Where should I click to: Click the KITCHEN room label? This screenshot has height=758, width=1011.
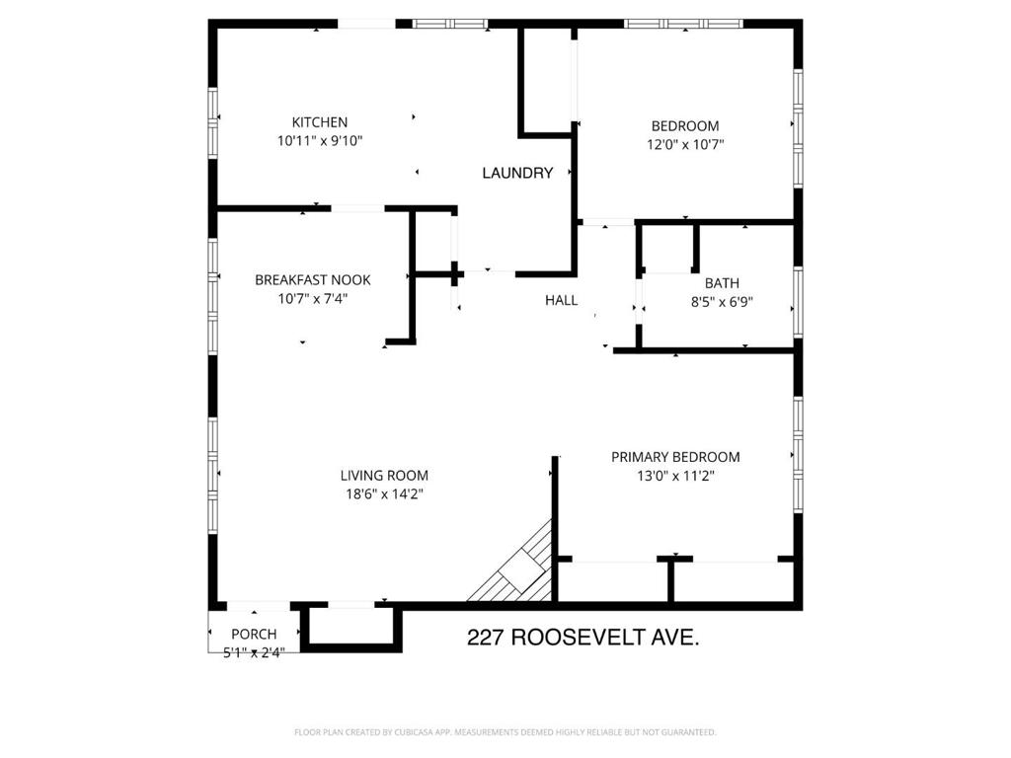click(319, 122)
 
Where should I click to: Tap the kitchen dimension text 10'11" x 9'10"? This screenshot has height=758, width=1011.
click(320, 141)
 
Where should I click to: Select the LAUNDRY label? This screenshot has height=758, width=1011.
click(517, 174)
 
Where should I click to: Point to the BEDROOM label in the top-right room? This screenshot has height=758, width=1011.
click(684, 126)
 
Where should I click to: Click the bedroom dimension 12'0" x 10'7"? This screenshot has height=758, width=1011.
click(684, 144)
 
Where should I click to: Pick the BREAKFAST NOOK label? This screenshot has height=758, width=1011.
click(327, 279)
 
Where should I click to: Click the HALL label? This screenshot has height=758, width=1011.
click(561, 300)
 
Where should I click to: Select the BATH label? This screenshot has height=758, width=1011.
click(722, 283)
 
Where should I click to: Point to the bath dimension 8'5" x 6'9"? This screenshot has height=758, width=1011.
click(723, 302)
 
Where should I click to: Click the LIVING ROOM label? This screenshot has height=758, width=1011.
click(384, 476)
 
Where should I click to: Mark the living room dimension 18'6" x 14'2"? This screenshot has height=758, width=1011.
click(384, 494)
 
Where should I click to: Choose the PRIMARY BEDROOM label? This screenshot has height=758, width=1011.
click(675, 457)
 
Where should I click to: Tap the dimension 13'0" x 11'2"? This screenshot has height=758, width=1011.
click(675, 476)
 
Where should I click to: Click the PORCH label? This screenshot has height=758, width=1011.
click(254, 634)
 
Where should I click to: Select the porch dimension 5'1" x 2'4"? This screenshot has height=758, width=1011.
click(254, 651)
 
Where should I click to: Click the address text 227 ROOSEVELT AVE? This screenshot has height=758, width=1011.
click(583, 639)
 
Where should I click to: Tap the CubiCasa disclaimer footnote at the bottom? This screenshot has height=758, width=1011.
click(505, 732)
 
